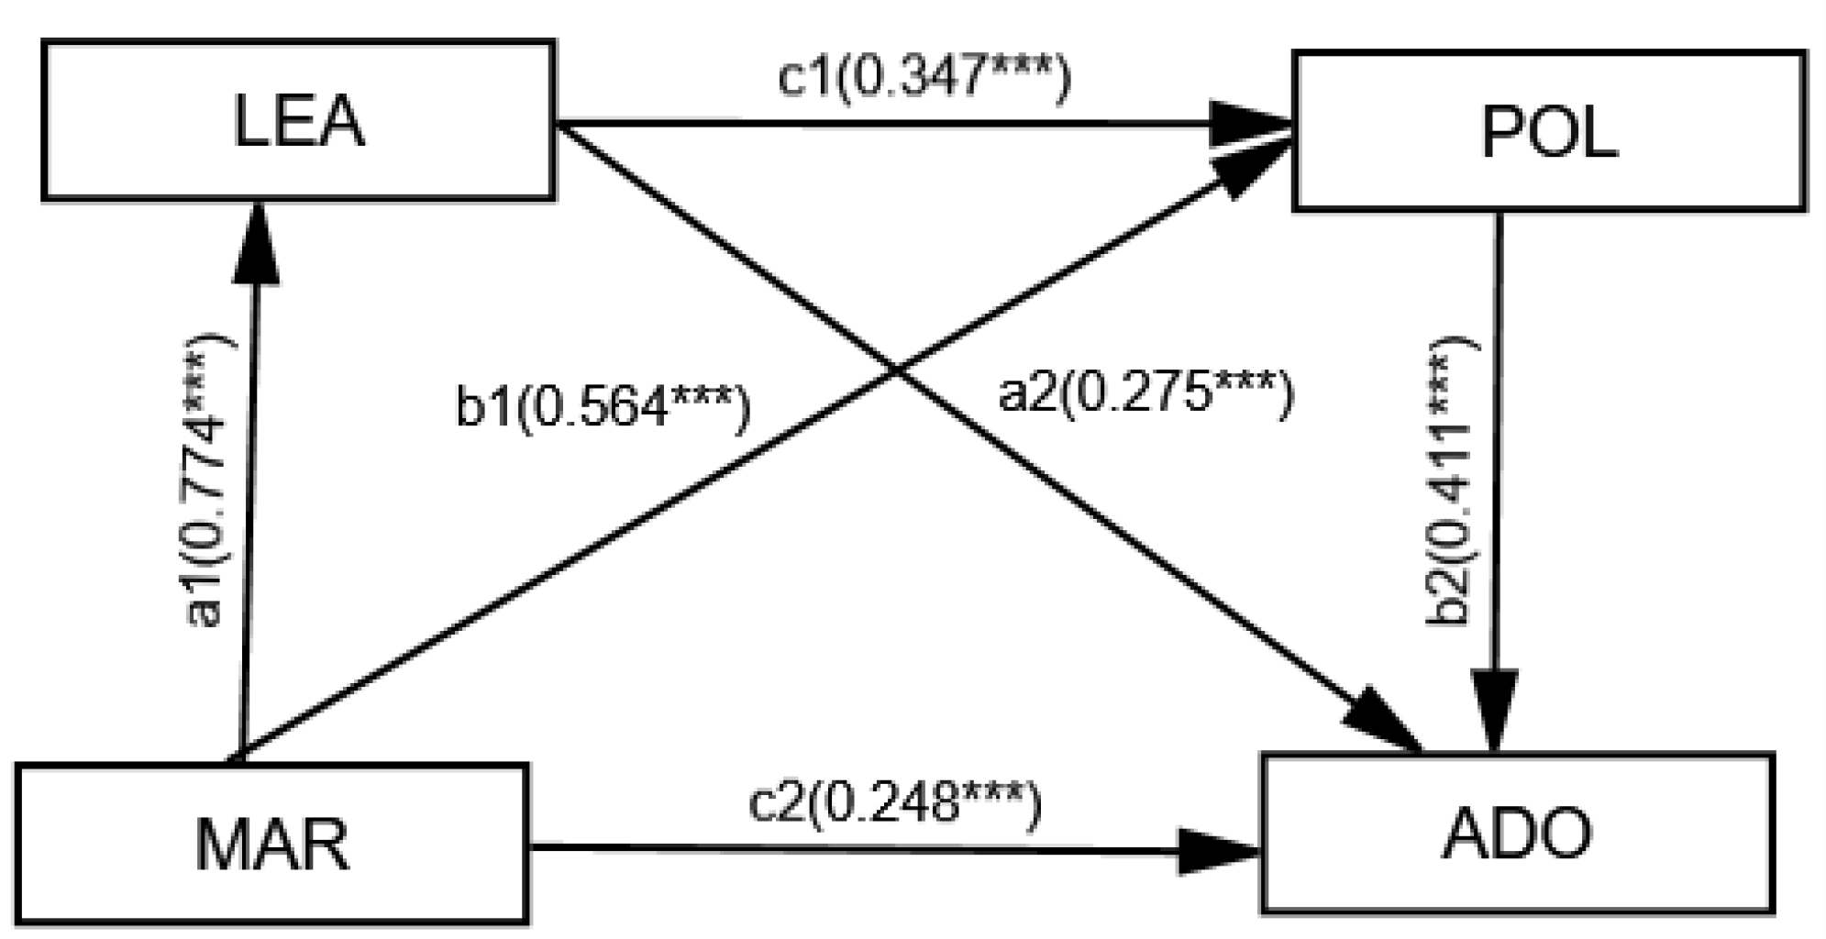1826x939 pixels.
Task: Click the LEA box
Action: click(x=298, y=119)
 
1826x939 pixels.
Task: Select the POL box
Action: click(x=1548, y=131)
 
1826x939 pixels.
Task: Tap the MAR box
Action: click(x=271, y=842)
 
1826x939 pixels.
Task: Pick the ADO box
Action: click(x=1518, y=833)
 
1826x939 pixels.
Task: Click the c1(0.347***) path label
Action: click(x=924, y=76)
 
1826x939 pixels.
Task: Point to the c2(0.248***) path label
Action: click(x=895, y=803)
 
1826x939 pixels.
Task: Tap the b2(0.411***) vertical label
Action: click(x=1451, y=481)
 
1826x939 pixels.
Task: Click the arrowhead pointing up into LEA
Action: click(x=256, y=243)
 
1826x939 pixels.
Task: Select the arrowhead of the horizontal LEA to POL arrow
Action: click(x=1247, y=124)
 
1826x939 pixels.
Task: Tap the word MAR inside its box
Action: click(x=271, y=844)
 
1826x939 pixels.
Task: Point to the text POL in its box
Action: click(x=1548, y=133)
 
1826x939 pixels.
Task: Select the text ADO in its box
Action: click(x=1518, y=833)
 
